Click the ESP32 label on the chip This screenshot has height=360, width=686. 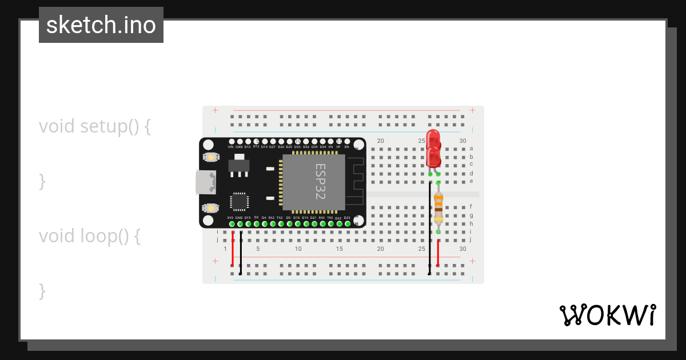pos(320,181)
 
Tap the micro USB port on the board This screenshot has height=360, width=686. pos(205,182)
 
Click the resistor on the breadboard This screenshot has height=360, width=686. pos(438,207)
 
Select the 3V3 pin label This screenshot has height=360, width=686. pos(230,218)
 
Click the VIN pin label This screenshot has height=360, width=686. pos(231,147)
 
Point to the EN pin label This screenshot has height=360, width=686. pos(346,147)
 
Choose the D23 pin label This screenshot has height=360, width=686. pos(347,218)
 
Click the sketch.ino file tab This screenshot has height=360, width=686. pos(101,25)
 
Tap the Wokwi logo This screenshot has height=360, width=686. pos(608,315)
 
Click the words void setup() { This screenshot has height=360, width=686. pos(95,126)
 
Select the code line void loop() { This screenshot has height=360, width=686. pos(90,235)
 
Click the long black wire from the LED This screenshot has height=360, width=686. pos(430,229)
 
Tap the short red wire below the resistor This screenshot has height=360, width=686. pos(438,253)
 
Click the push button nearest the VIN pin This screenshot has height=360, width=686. pos(211,157)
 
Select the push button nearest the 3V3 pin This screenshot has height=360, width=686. pos(211,207)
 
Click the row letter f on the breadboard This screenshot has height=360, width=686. pos(471,206)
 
